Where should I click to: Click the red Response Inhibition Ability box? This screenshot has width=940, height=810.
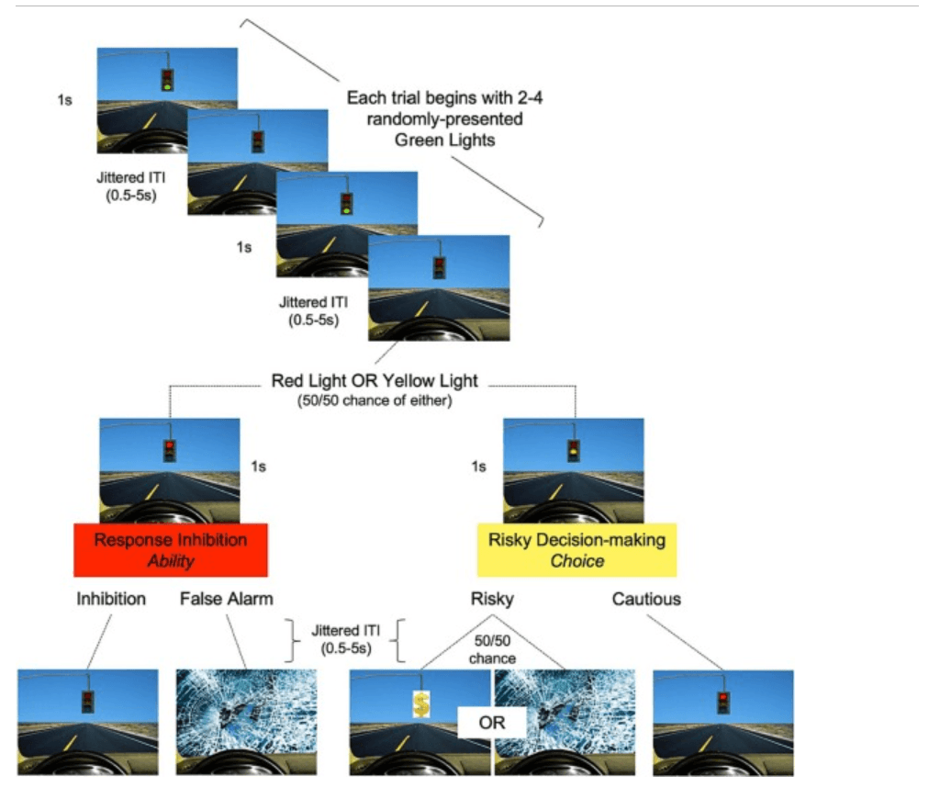[x=170, y=549]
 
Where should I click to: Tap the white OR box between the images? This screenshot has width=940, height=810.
[x=492, y=722]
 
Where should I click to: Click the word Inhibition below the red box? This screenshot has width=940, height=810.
[x=110, y=599]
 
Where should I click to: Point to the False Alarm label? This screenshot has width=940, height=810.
[x=227, y=599]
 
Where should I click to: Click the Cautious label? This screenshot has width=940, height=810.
[x=646, y=599]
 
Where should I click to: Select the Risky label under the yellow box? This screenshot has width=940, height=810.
[x=491, y=599]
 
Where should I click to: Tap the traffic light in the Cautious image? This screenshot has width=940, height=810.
[x=722, y=703]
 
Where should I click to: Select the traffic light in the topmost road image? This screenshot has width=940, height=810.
[x=167, y=80]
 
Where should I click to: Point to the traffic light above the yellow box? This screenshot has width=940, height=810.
[x=573, y=450]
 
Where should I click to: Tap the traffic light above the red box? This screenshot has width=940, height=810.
[x=169, y=450]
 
